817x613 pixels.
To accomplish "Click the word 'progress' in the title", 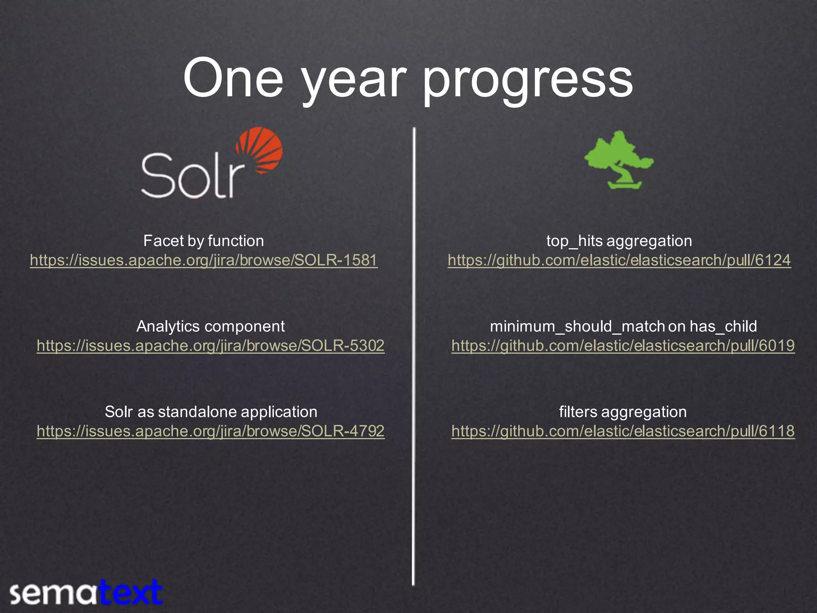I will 527,80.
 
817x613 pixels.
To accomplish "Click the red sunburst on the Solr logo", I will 261,150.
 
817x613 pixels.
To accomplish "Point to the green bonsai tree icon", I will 618,160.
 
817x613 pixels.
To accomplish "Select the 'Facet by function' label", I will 203,241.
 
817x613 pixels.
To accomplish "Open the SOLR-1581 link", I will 203,260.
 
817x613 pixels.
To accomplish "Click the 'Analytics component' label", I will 210,326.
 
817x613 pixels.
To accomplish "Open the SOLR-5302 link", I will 210,346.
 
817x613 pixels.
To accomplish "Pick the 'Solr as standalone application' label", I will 211,412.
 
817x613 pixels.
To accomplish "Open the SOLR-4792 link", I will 210,431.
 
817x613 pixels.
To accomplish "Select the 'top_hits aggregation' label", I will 619,241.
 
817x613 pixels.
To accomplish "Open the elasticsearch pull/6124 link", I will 619,260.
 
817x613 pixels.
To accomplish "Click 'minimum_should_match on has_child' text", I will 623,326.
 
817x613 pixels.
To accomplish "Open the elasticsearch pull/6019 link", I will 623,346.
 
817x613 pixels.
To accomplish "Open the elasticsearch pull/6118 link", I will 623,431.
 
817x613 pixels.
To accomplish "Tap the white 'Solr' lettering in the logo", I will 191,176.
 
